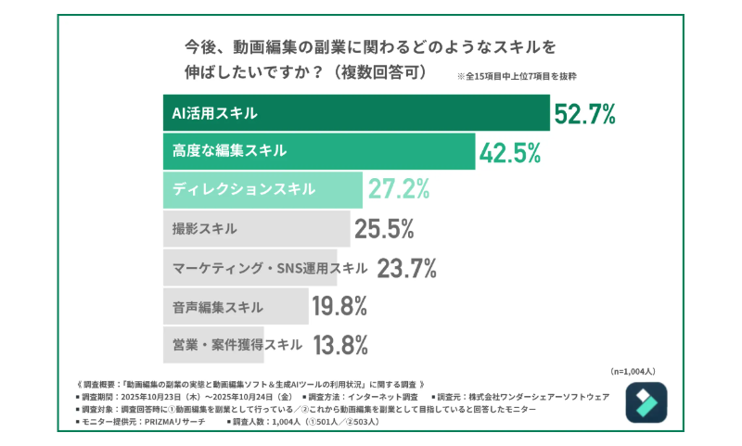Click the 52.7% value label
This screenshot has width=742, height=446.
(x=585, y=114)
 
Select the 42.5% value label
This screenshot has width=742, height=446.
(x=510, y=152)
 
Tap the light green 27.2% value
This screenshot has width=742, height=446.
(x=399, y=189)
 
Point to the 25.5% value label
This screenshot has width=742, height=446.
(x=383, y=228)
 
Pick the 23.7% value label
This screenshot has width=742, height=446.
(x=406, y=267)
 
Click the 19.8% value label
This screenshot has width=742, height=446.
(x=340, y=306)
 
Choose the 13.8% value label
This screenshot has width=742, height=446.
(x=340, y=345)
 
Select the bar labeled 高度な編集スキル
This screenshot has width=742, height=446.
(x=319, y=152)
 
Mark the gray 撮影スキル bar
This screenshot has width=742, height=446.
(x=256, y=228)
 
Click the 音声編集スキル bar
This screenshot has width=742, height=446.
(x=236, y=306)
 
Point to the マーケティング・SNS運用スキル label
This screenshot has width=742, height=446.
(x=270, y=268)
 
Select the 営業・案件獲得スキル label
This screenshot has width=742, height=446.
(x=237, y=345)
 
